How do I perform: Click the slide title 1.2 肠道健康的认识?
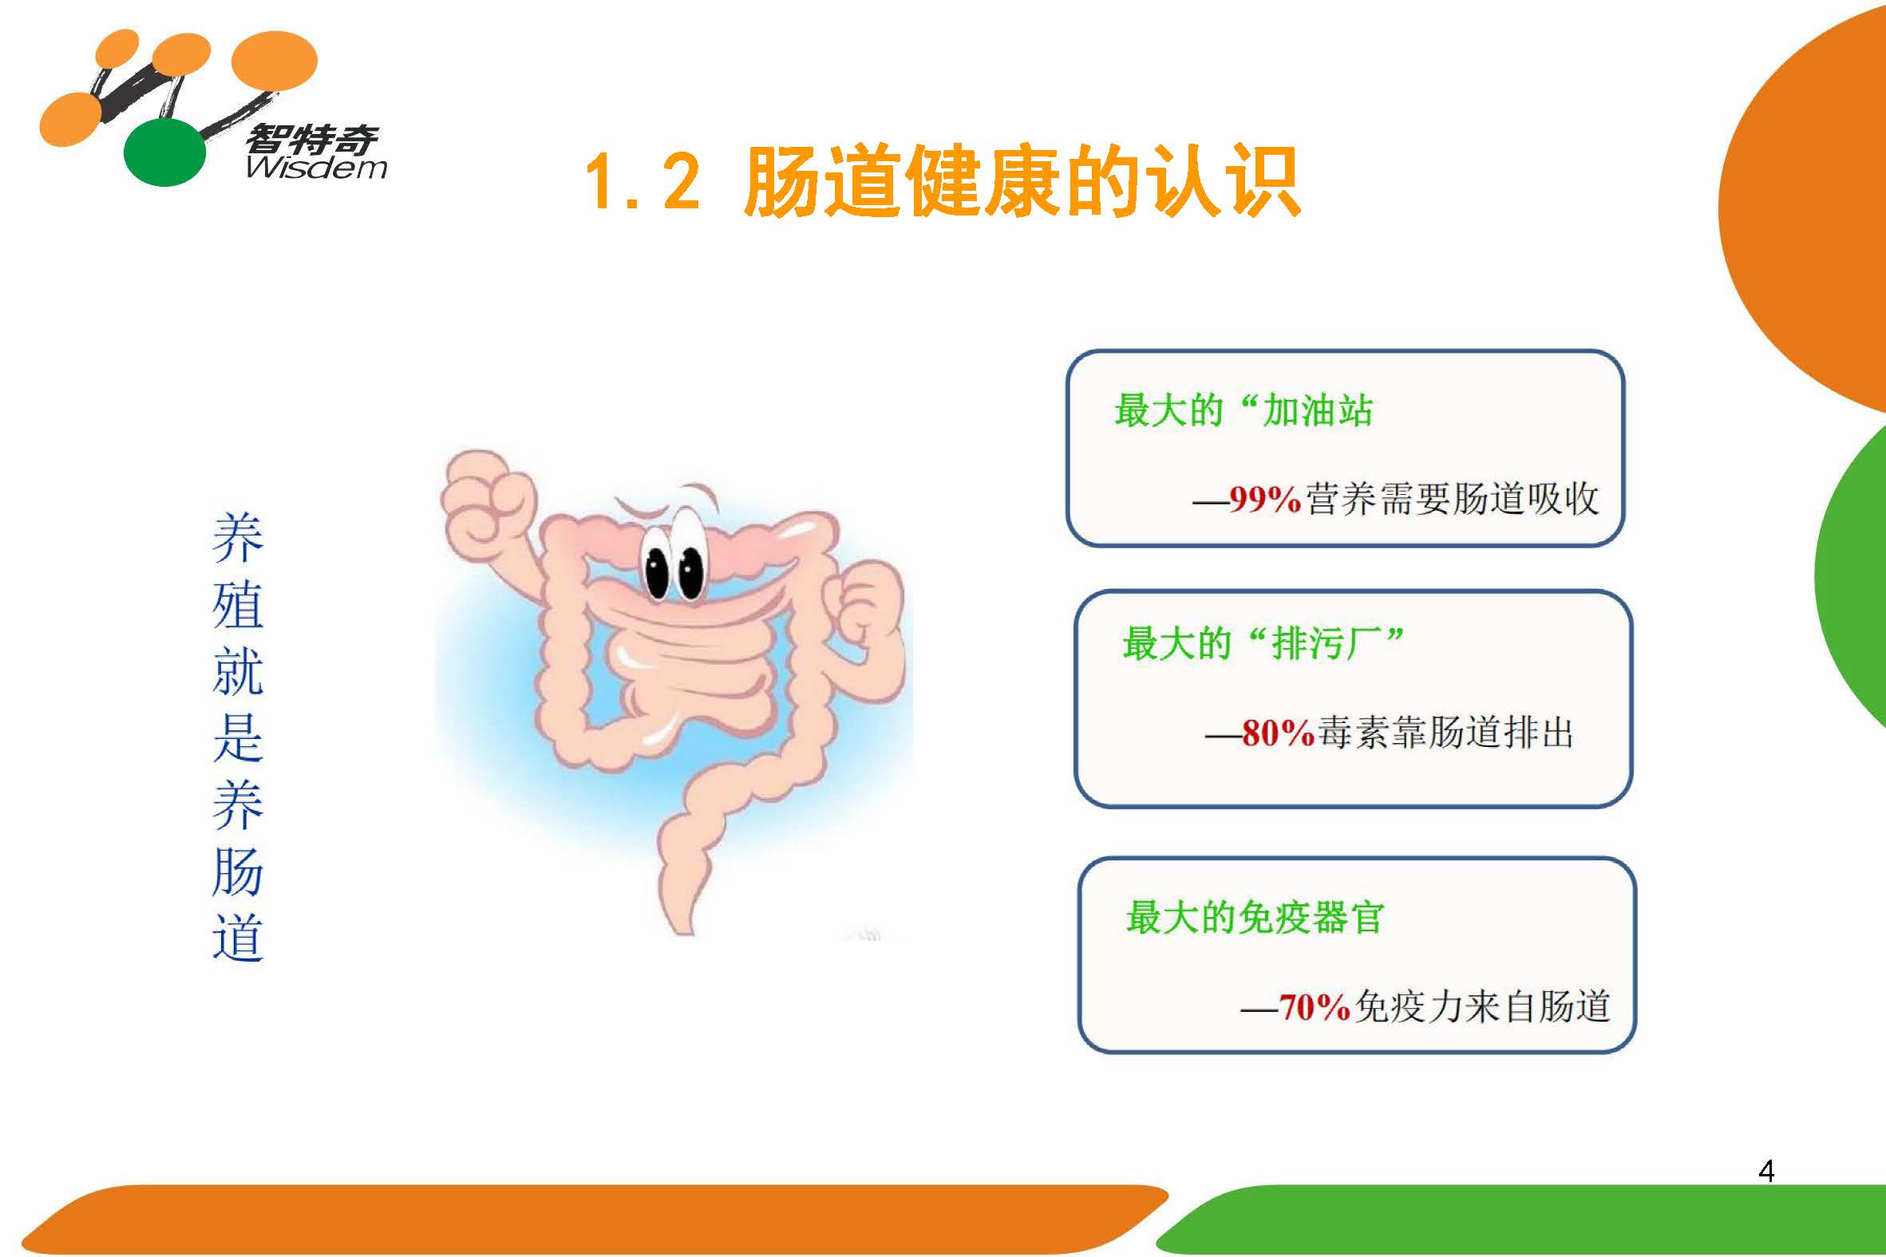(942, 181)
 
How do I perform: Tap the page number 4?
(1765, 1172)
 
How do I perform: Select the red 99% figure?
(1264, 499)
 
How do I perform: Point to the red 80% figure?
(1278, 733)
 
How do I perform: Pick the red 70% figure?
(1315, 1007)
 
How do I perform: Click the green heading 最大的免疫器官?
(1255, 917)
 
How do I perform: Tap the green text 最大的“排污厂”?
(1263, 643)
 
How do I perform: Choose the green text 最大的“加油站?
(1243, 410)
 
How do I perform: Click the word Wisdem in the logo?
(317, 167)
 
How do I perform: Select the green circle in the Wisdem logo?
(164, 152)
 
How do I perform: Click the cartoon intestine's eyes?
(674, 560)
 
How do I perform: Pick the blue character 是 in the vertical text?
(238, 737)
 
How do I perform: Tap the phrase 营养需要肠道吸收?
(1453, 499)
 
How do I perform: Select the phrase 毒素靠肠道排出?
(1445, 733)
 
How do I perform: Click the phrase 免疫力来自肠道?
(1482, 1007)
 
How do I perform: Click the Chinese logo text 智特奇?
(311, 140)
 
